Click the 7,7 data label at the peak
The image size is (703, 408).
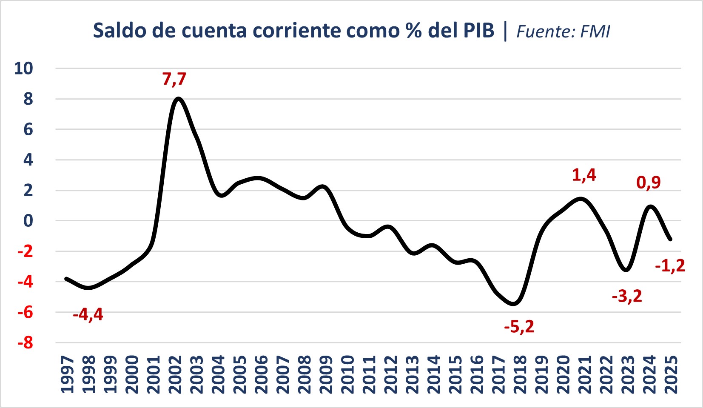pyautogui.click(x=174, y=79)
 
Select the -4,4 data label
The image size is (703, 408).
pyautogui.click(x=88, y=315)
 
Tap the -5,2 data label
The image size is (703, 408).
pyautogui.click(x=519, y=327)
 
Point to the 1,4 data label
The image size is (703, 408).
pyautogui.click(x=584, y=175)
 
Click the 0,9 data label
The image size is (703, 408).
pyautogui.click(x=649, y=183)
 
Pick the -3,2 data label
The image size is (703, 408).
pyautogui.click(x=627, y=296)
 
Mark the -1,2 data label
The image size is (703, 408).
pyautogui.click(x=670, y=266)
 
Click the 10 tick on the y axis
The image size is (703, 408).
pyautogui.click(x=23, y=68)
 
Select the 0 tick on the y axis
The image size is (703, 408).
pyautogui.click(x=28, y=221)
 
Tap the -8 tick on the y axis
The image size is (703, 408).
pyautogui.click(x=25, y=342)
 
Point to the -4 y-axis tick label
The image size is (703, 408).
pyautogui.click(x=25, y=282)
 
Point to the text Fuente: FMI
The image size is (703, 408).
pyautogui.click(x=563, y=31)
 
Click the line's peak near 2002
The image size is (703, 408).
pyautogui.click(x=178, y=99)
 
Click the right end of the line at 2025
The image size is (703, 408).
pyautogui.click(x=670, y=239)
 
